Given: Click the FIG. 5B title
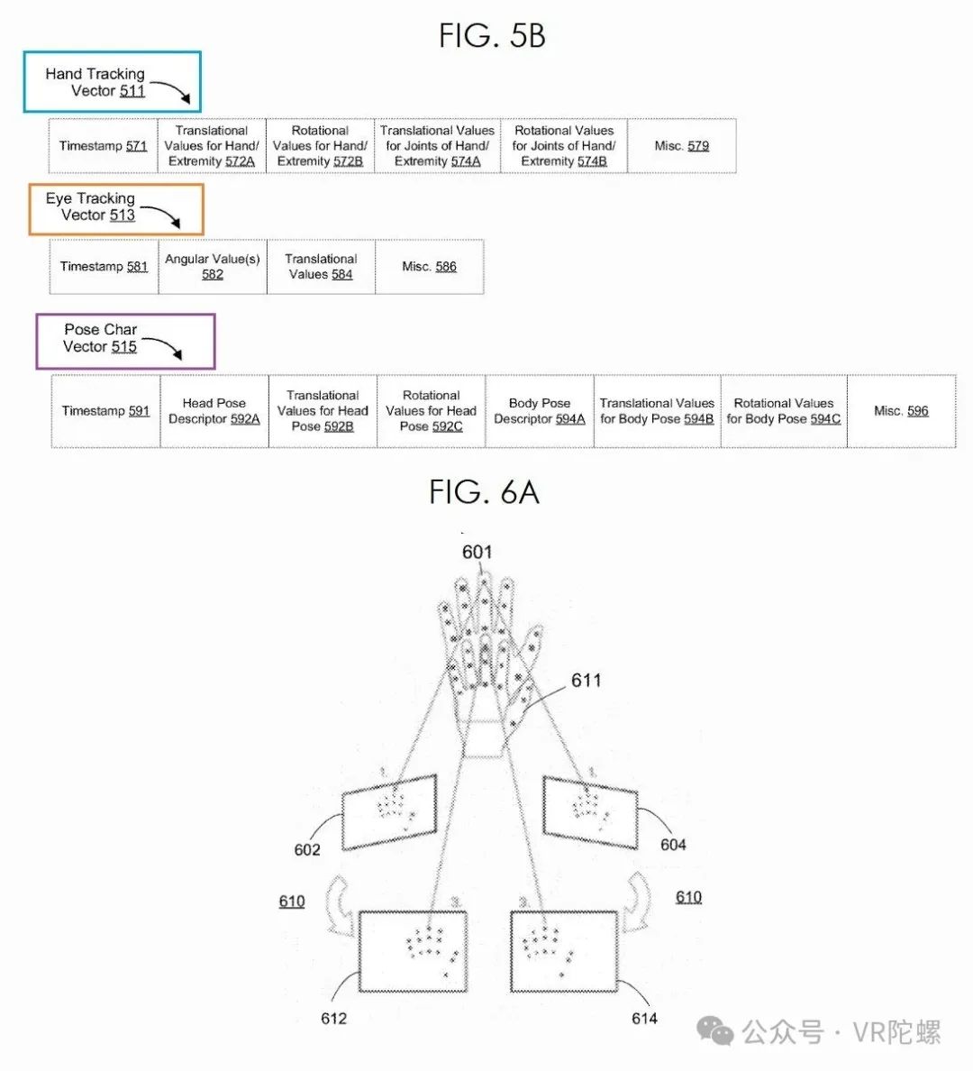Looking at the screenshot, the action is [x=492, y=35].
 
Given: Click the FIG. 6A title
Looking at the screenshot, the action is [x=484, y=492].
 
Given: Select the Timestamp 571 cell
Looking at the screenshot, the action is [x=103, y=145].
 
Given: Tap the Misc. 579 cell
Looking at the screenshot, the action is [x=681, y=145].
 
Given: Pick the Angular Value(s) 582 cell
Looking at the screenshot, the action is [x=213, y=266].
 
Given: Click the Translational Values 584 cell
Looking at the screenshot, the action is [x=321, y=266].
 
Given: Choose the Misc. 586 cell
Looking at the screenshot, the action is [x=430, y=266].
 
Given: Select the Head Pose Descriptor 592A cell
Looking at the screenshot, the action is [x=214, y=410].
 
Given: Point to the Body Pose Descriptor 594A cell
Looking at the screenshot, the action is [x=540, y=410].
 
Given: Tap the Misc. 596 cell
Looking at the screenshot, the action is [x=901, y=410].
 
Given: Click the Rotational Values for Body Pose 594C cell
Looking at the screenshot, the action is [x=784, y=410].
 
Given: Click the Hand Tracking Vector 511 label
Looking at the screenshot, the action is [x=112, y=82].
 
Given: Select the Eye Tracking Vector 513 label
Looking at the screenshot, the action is [x=116, y=209].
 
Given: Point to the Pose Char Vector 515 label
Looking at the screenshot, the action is [x=125, y=342].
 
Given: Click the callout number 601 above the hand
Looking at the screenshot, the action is [x=477, y=551].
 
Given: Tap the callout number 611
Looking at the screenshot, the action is [x=586, y=680].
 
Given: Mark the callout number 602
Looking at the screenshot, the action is [x=307, y=849].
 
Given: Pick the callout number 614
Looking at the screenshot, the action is [x=644, y=1019].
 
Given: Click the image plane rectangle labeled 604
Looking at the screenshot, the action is [x=591, y=812].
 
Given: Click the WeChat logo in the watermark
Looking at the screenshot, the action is [x=715, y=1030].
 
